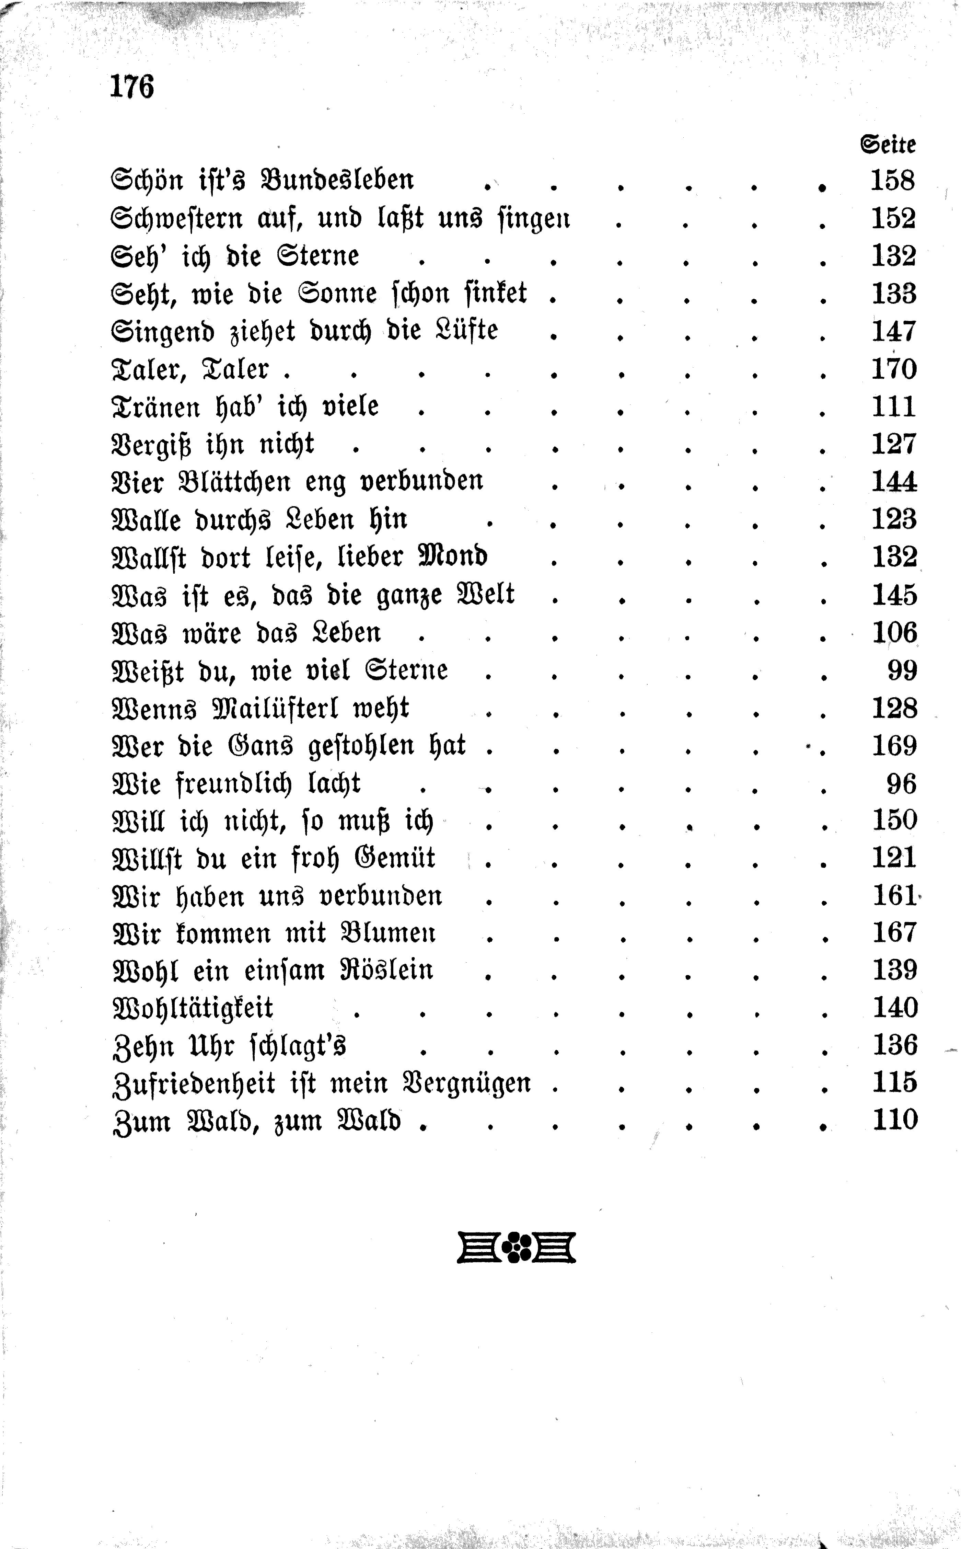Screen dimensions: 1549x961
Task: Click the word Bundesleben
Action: point(337,180)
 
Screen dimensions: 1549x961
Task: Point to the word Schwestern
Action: point(177,219)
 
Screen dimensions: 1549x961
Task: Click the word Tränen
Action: point(155,407)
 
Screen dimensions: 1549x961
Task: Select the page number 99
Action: point(902,670)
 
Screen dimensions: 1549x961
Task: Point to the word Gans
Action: point(260,746)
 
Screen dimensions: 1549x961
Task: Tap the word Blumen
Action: point(388,933)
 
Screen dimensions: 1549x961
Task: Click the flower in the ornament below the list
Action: point(517,1247)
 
